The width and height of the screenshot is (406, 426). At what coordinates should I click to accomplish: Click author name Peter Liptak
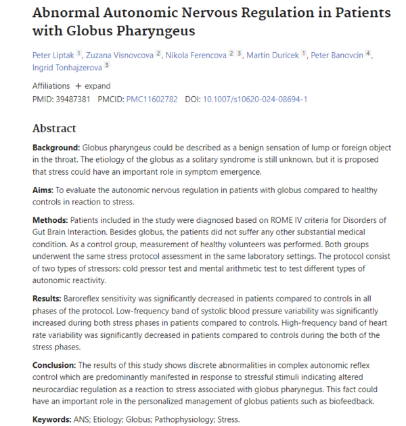52,54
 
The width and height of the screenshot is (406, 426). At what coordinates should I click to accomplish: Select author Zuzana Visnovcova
119,54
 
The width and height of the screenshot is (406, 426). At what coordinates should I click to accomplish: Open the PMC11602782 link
152,99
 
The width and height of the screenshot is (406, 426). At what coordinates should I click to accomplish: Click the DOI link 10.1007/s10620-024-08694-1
255,99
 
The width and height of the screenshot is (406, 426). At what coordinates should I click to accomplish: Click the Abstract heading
54,129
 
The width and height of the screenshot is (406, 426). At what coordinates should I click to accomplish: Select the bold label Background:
56,148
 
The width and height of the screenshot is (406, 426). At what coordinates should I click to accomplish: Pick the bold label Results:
47,298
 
